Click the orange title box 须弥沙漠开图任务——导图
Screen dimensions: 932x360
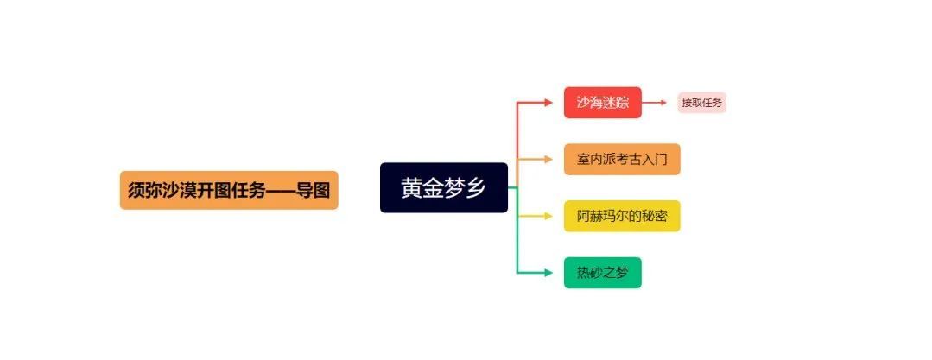(x=229, y=190)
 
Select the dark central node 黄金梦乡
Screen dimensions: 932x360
(x=444, y=187)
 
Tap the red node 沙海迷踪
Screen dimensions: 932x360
(x=603, y=103)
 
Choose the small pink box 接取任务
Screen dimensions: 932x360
(x=702, y=103)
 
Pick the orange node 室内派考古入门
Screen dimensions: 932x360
(x=622, y=159)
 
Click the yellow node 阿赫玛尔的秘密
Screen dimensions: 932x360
(x=622, y=216)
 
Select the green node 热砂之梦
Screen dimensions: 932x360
(x=603, y=273)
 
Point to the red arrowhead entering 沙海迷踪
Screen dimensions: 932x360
(x=548, y=103)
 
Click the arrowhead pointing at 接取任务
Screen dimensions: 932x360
(x=663, y=103)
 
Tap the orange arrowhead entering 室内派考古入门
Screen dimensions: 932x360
(x=548, y=159)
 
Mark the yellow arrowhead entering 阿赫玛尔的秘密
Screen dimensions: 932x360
(x=548, y=216)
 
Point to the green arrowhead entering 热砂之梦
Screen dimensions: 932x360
(x=548, y=273)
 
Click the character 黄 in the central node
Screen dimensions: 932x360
(x=411, y=187)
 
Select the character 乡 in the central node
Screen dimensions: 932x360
(x=476, y=187)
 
